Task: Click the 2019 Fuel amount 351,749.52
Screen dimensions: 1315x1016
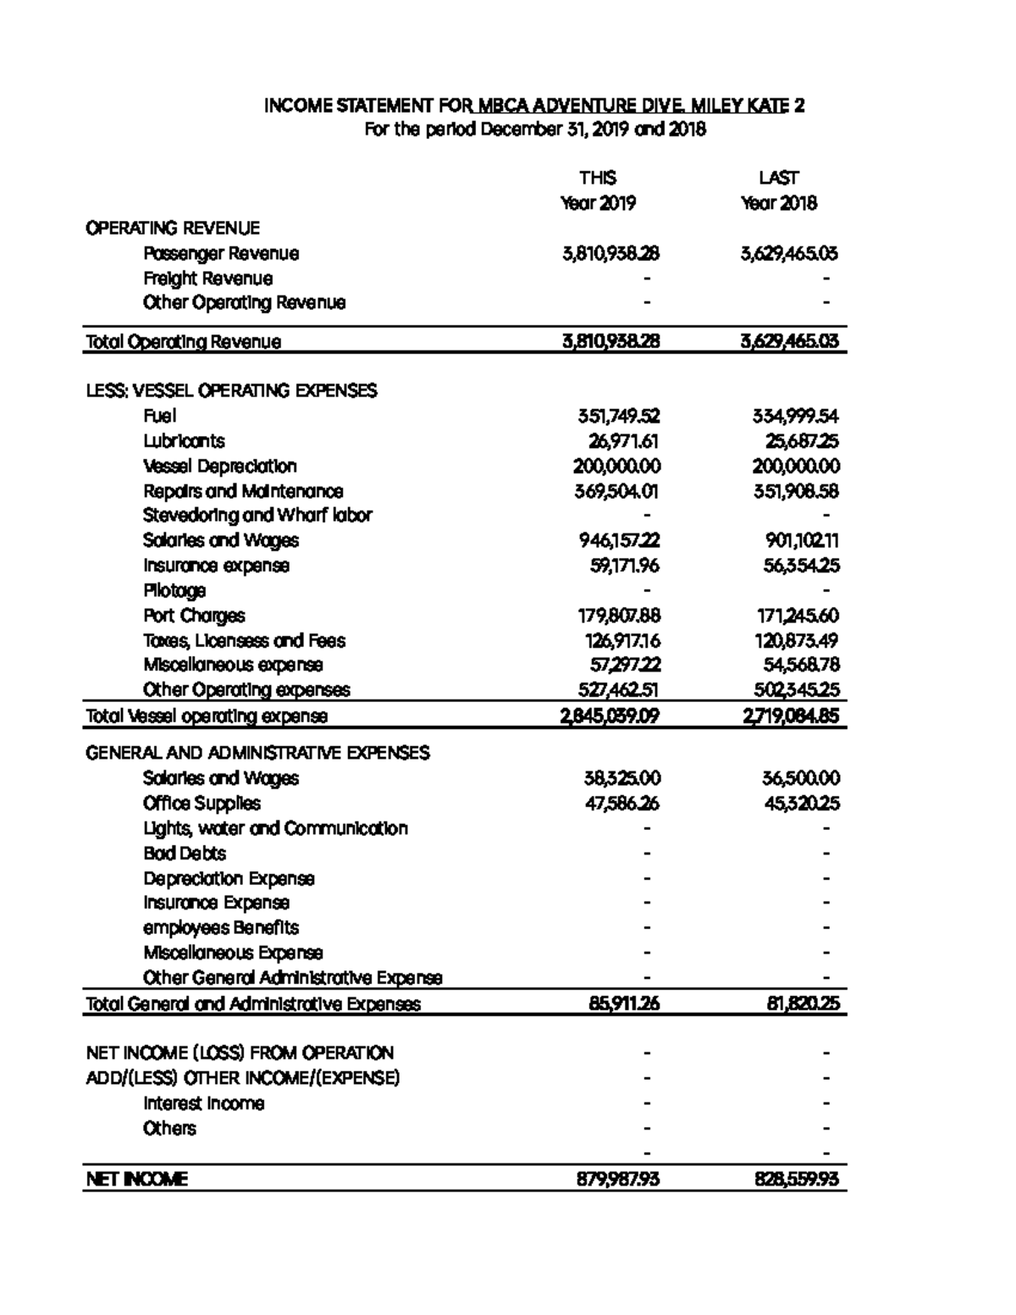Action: pos(618,416)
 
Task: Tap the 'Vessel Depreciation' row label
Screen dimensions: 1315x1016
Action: pos(220,466)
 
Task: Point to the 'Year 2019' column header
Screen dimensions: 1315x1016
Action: pos(598,203)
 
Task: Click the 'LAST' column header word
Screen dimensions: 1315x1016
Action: pos(778,178)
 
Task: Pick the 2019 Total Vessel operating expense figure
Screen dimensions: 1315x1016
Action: pos(610,716)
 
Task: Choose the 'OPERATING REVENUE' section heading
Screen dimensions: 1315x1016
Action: pos(173,228)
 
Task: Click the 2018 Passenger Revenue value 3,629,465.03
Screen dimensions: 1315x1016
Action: pos(789,253)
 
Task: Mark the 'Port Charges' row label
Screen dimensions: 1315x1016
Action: pos(194,616)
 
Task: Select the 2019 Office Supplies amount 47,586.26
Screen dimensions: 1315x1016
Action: pos(621,803)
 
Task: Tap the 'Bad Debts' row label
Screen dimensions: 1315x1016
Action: pos(185,853)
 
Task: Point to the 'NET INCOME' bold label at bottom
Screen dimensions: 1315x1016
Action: pos(136,1179)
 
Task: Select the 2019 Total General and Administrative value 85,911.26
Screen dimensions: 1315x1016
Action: pos(624,1003)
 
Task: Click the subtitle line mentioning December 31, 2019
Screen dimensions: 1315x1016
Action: pos(534,130)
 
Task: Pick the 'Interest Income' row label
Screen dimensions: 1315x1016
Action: pos(203,1103)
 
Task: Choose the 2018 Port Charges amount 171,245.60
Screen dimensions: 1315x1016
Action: pos(798,616)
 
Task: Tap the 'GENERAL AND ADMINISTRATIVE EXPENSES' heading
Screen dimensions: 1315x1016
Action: pos(257,753)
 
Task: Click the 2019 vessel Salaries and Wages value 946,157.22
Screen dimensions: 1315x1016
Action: pos(619,540)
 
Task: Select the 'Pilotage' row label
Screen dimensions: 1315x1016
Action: pos(174,590)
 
